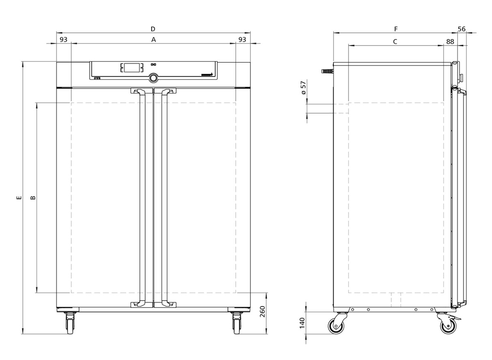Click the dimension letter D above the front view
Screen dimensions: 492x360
(x=153, y=29)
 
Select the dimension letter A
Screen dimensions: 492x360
(x=153, y=40)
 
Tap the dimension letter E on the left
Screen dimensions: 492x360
(x=19, y=198)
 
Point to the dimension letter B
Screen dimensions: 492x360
(x=33, y=198)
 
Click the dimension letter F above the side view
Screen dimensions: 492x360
(x=396, y=29)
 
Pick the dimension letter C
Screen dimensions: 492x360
(x=395, y=41)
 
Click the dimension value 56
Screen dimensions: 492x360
(x=462, y=29)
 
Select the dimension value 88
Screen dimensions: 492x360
(x=450, y=41)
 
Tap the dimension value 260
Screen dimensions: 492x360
(x=263, y=312)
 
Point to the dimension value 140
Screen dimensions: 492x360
(x=302, y=323)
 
